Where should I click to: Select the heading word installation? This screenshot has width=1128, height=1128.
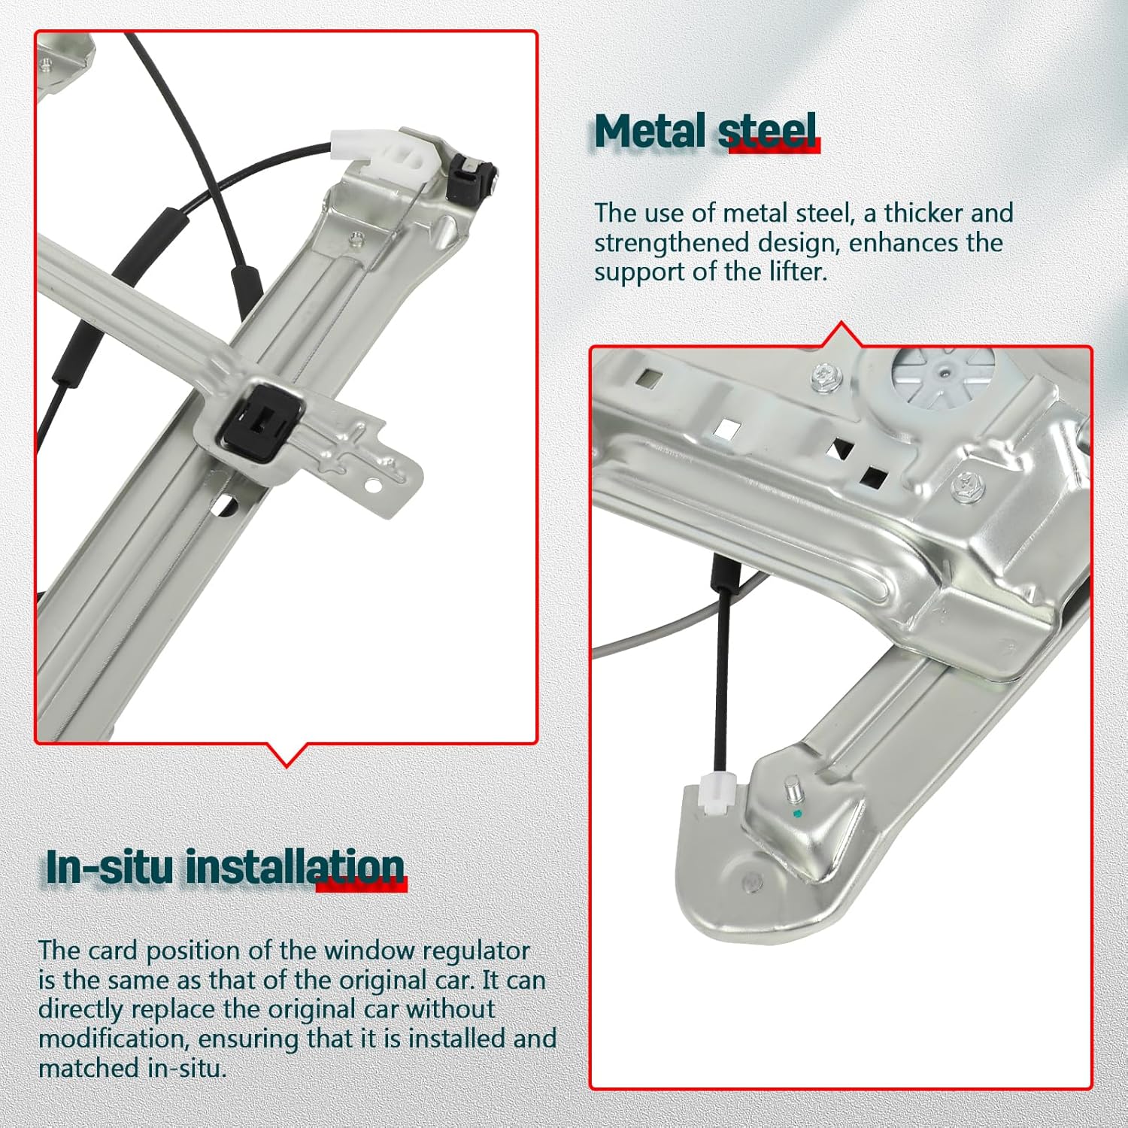click(x=295, y=866)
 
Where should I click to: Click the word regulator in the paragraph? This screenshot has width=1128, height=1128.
click(x=476, y=951)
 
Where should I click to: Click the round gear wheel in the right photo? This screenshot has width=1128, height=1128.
click(x=944, y=374)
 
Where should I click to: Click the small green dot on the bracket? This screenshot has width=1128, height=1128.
click(x=798, y=814)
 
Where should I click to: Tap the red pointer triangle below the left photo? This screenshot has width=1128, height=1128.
click(x=287, y=755)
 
